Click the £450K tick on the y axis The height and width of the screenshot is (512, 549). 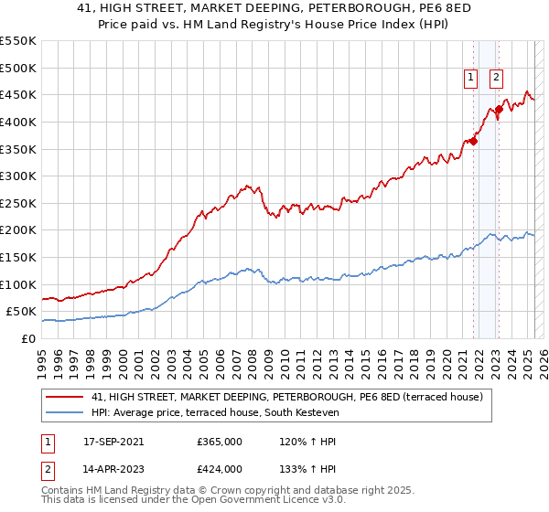(x=18, y=94)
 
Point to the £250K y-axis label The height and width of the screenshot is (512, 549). (x=18, y=203)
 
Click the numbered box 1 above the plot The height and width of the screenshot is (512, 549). (x=471, y=79)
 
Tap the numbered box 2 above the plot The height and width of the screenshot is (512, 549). (x=496, y=79)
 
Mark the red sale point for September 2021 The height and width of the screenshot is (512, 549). (x=474, y=141)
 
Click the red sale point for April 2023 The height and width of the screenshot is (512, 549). (x=500, y=109)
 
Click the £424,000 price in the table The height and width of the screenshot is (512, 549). (x=219, y=468)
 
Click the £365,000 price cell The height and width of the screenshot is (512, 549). (x=219, y=441)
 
